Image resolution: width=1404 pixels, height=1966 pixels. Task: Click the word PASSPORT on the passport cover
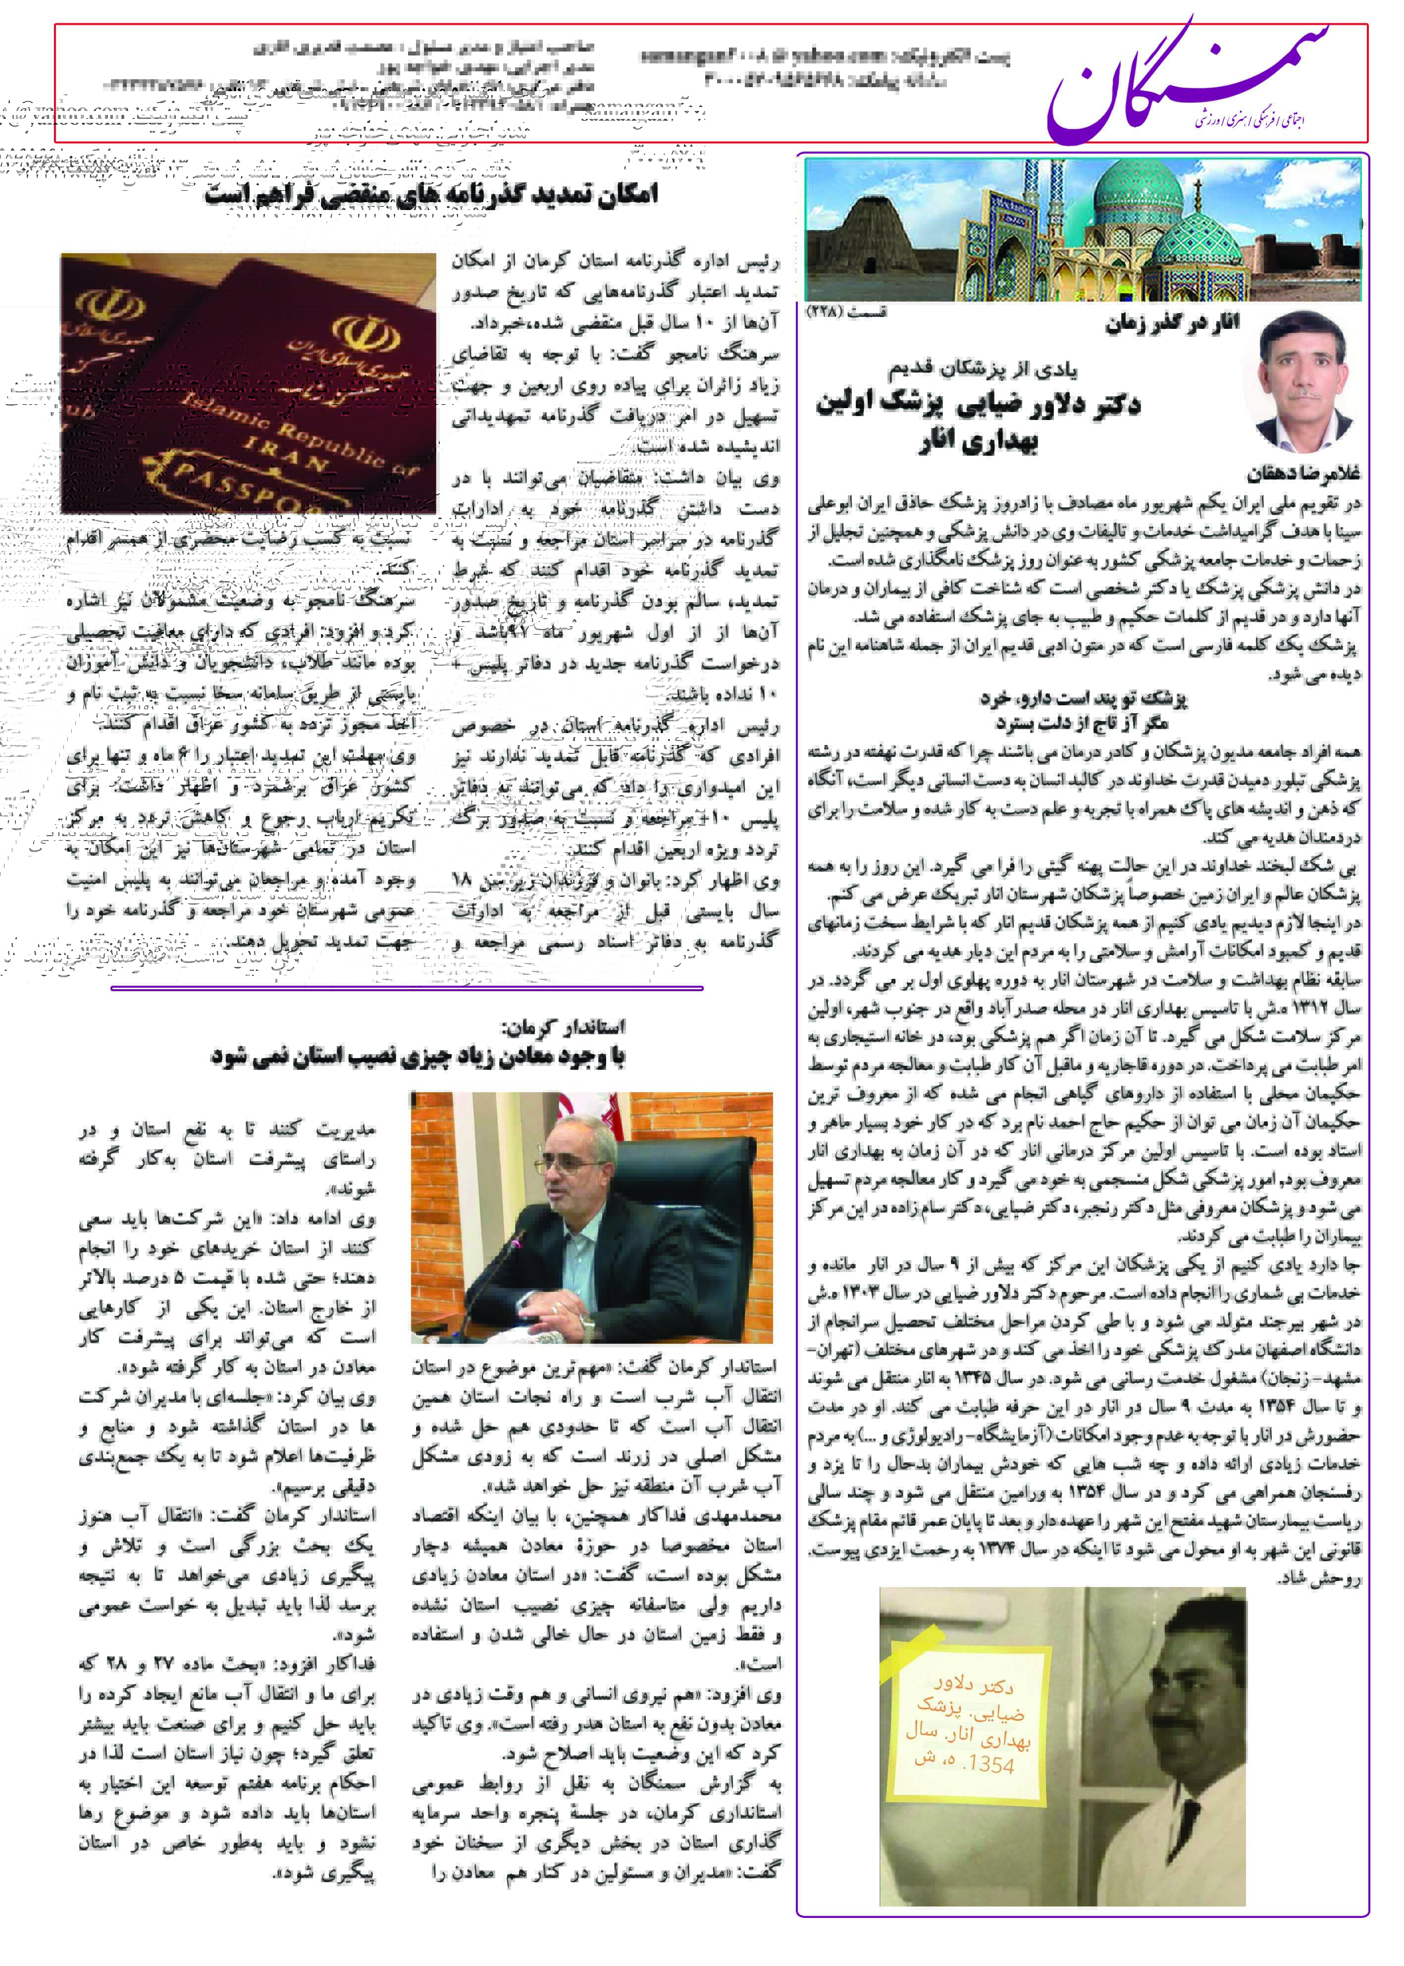click(233, 488)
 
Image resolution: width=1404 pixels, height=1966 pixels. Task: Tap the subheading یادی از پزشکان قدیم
click(983, 369)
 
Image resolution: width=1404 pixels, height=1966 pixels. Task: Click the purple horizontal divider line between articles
click(406, 987)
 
